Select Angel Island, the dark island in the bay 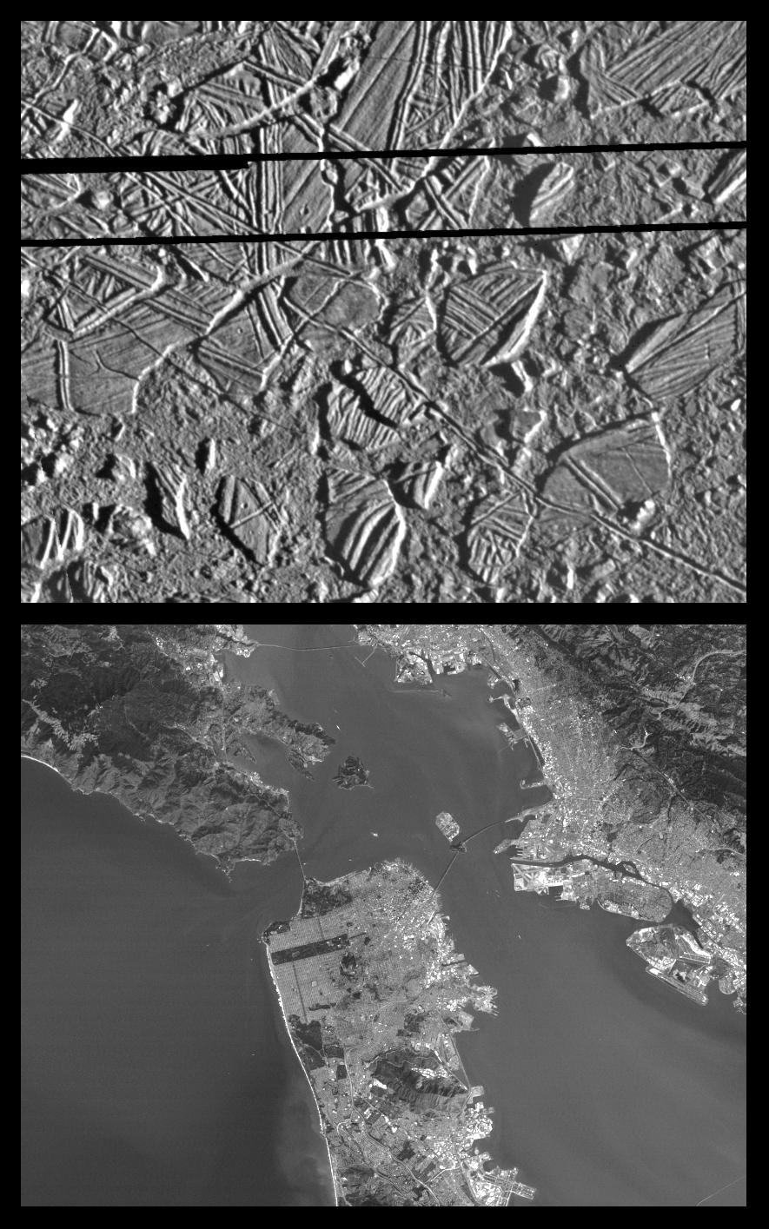click(x=351, y=771)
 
